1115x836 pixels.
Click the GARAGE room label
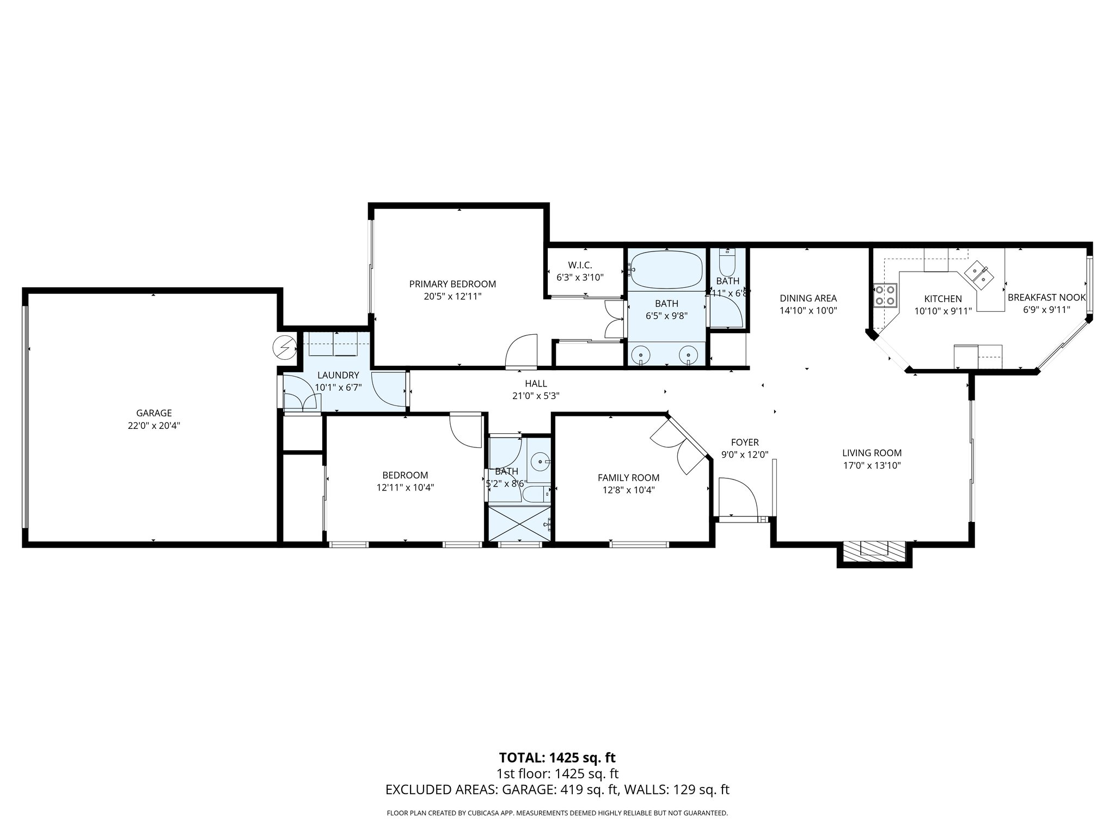pyautogui.click(x=154, y=413)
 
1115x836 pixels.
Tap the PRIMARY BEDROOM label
pyautogui.click(x=452, y=284)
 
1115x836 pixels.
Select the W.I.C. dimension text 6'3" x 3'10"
pyautogui.click(x=580, y=277)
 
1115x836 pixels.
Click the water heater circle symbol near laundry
pyautogui.click(x=284, y=347)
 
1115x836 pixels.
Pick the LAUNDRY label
pyautogui.click(x=338, y=375)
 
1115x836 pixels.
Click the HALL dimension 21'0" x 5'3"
pyautogui.click(x=536, y=396)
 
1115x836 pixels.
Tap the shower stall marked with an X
pyautogui.click(x=520, y=523)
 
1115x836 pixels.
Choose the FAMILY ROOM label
pyautogui.click(x=628, y=478)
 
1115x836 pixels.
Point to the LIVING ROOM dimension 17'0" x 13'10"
pyautogui.click(x=872, y=465)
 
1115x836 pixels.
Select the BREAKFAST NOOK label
pyautogui.click(x=1046, y=298)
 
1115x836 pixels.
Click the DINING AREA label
pyautogui.click(x=808, y=298)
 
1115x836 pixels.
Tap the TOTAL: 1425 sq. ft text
pyautogui.click(x=557, y=758)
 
